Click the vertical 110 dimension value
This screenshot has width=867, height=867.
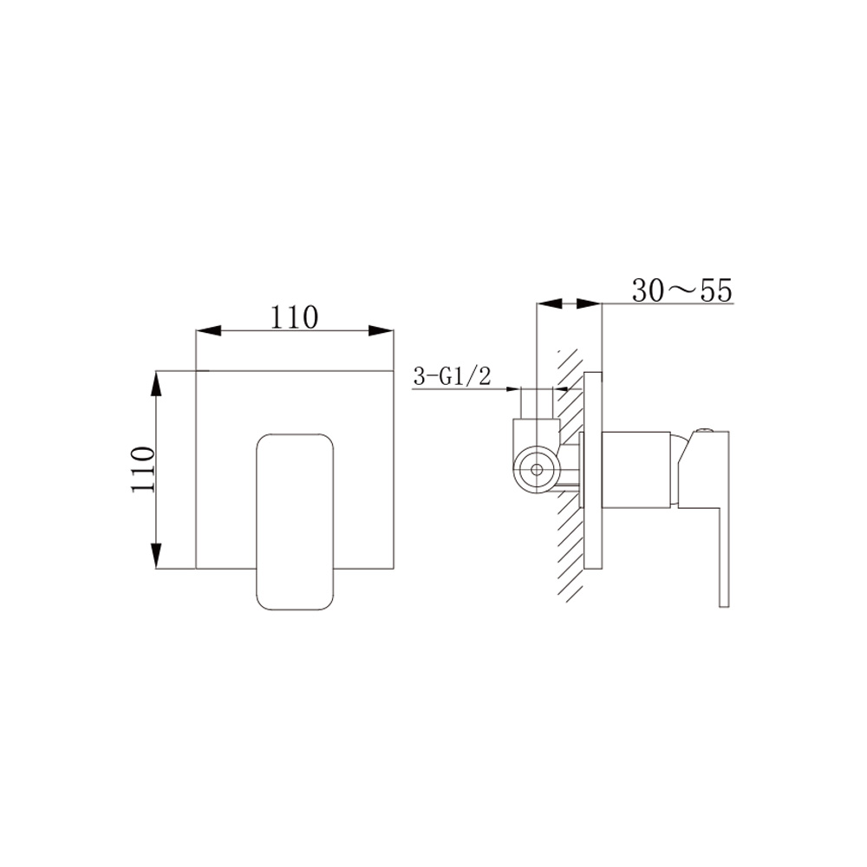142,469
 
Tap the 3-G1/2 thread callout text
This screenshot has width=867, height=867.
452,376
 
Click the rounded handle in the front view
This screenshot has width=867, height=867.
296,520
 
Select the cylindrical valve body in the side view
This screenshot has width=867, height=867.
636,468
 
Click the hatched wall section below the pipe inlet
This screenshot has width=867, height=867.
568,546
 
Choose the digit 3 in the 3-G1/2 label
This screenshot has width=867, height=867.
419,376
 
